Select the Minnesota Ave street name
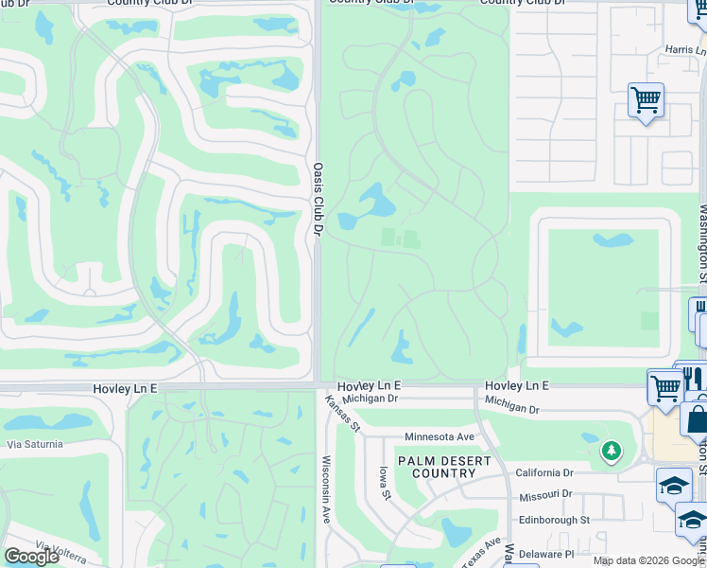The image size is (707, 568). point(439,436)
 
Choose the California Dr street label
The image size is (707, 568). point(544,472)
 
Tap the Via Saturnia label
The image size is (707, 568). point(34,443)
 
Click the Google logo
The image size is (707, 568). point(31,557)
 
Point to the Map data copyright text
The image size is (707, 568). point(648,561)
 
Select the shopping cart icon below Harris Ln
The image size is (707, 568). point(646,98)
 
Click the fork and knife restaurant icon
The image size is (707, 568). point(693,379)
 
